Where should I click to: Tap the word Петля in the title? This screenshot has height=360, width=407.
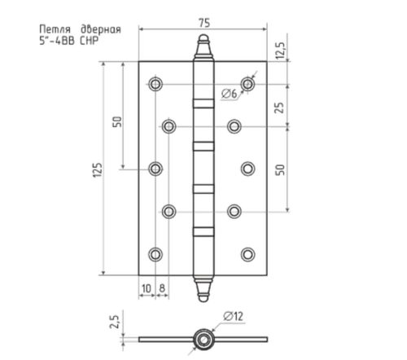[x=54, y=30]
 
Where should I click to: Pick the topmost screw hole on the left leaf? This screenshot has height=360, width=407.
[x=155, y=84]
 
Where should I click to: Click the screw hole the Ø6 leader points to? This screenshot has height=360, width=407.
[x=247, y=84]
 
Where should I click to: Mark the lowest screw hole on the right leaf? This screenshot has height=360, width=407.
[x=247, y=253]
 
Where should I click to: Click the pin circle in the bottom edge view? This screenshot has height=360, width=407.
[x=200, y=337]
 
